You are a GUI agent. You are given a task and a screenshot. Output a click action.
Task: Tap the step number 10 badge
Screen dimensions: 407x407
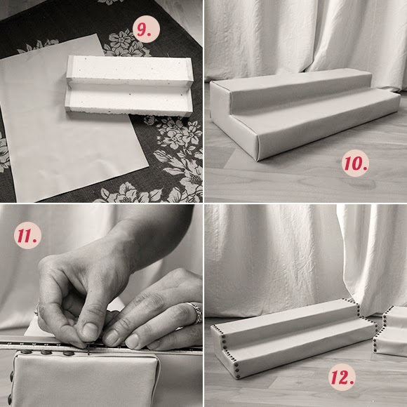coord(355,163)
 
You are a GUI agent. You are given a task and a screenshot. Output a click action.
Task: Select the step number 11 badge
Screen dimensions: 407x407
coord(27,235)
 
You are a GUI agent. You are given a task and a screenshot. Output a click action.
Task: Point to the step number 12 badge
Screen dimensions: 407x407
coord(342,377)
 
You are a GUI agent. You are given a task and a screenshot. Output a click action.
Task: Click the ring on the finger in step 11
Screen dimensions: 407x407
coord(197,312)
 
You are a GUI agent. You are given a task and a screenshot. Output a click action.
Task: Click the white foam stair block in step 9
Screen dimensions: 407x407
coord(130,86)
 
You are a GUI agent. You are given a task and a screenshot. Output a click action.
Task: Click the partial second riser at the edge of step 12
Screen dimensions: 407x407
coord(390,331)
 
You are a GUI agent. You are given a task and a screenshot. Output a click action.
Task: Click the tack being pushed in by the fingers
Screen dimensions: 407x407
coord(89,349)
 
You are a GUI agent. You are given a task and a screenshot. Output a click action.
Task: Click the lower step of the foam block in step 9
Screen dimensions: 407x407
coord(129,102)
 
